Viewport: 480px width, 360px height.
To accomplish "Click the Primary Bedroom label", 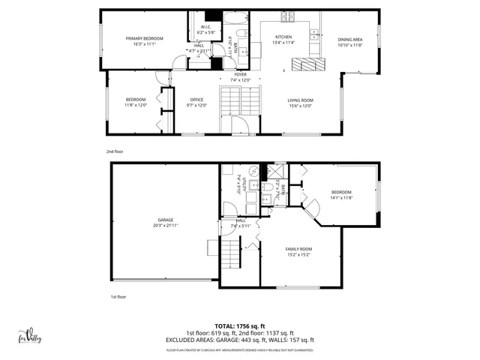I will pos(145,38).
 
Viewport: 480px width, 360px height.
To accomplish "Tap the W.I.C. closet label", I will pos(205,27).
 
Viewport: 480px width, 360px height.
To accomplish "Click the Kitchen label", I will pos(283,37).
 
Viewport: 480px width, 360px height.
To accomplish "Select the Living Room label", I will pos(300,100).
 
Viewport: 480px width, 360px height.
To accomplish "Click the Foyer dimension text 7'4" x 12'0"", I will pos(240,80).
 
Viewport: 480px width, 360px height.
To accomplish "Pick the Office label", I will pos(196,100).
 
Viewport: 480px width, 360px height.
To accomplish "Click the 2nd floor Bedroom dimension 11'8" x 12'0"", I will pos(136,105).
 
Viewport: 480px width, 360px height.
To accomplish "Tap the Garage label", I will pos(166,220).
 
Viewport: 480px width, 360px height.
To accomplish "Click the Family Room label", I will pos(298,248).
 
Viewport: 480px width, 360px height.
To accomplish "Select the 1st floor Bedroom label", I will pos(341,192).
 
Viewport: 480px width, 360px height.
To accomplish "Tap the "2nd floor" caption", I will pos(114,151).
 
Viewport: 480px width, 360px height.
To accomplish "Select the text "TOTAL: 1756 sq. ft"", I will pos(240,327).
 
